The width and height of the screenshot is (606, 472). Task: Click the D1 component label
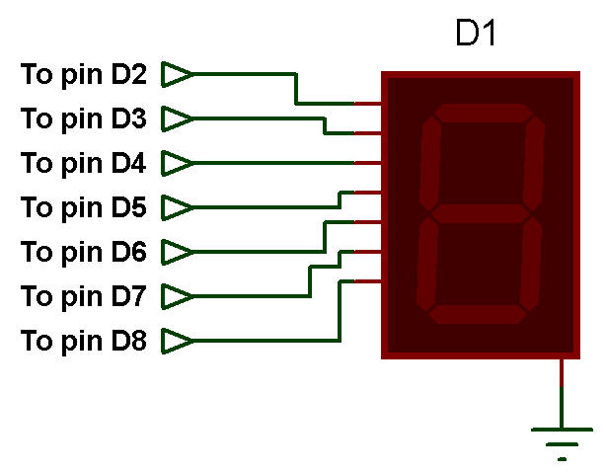coord(476,33)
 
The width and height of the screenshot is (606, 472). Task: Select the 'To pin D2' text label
coord(84,75)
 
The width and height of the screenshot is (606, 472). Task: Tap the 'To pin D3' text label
coord(84,119)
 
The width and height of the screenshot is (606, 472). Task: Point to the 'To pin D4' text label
coord(84,164)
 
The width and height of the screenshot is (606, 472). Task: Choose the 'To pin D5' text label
coord(84,208)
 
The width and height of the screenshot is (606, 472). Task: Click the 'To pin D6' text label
coord(84,253)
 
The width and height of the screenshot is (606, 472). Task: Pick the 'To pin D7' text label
coord(84,297)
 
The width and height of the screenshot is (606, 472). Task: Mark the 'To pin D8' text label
coord(84,342)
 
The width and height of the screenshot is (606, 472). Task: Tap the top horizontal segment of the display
coord(483,113)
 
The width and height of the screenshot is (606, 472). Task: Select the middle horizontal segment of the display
coord(480,213)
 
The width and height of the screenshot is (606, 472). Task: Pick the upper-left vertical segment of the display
coord(429,164)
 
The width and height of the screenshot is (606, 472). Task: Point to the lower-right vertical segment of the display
coord(531,264)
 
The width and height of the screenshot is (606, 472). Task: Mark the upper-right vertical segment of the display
coord(534,164)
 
